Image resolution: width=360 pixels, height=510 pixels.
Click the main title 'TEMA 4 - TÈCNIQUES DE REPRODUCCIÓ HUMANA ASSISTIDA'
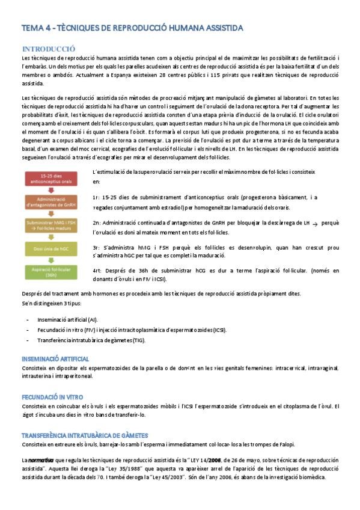tap(132, 28)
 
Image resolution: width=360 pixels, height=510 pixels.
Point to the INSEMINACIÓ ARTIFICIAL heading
tap(55, 359)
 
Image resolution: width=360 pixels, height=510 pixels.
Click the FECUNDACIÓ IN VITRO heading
tap(52, 398)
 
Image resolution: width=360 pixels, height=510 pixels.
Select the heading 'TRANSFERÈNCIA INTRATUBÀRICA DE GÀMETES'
tap(84, 435)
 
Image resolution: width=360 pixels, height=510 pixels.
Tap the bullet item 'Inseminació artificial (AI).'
tap(67, 320)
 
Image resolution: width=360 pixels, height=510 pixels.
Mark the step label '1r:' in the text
tap(96, 197)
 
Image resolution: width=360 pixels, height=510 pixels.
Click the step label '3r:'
tap(96, 247)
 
